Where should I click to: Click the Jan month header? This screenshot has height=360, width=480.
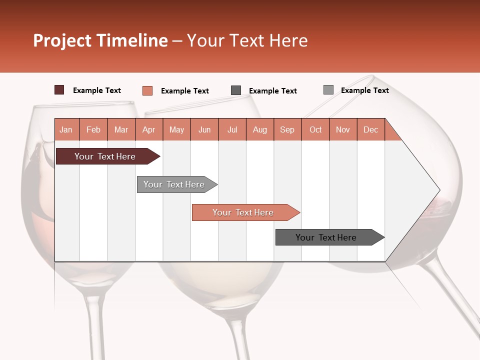click(x=66, y=129)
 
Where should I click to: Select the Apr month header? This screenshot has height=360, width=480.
click(x=149, y=129)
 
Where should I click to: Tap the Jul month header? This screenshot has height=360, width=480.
click(x=232, y=129)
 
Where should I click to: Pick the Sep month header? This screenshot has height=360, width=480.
click(x=287, y=129)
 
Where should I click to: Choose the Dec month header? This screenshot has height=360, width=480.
click(x=370, y=129)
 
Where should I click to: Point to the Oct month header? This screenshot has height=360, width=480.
click(x=315, y=129)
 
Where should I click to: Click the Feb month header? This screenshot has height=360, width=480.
click(x=93, y=129)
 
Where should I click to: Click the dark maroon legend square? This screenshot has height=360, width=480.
click(x=59, y=90)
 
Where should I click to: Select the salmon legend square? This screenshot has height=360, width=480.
click(x=147, y=90)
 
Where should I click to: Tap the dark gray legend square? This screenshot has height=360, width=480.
click(x=236, y=90)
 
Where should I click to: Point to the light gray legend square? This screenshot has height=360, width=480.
click(x=328, y=89)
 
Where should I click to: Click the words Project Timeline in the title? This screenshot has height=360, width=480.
click(x=100, y=40)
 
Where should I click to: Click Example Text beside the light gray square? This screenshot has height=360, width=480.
click(x=364, y=90)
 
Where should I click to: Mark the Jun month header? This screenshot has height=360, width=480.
click(x=204, y=129)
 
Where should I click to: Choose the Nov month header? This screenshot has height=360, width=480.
click(x=343, y=129)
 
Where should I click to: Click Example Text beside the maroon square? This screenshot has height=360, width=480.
click(x=97, y=90)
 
